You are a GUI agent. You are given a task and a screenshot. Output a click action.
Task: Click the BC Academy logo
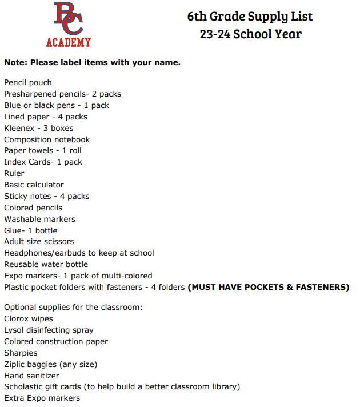(69, 24)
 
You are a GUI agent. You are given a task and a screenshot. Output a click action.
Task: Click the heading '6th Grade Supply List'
(250, 16)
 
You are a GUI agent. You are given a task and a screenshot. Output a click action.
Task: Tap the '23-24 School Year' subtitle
(250, 34)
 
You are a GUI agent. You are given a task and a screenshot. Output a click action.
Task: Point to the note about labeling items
(92, 62)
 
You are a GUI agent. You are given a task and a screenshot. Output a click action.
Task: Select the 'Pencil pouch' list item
(28, 82)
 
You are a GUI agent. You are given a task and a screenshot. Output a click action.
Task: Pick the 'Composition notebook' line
(47, 139)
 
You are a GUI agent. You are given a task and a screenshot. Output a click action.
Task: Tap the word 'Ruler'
(14, 173)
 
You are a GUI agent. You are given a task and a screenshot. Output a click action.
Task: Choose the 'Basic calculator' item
(34, 185)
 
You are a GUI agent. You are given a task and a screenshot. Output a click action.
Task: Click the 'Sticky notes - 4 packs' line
(46, 196)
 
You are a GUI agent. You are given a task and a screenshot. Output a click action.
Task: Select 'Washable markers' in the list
(39, 219)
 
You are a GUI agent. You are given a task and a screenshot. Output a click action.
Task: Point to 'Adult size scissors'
(39, 241)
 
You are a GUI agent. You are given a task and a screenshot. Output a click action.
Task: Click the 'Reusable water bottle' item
(46, 264)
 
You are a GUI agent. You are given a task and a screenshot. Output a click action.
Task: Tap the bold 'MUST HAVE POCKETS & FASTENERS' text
(269, 287)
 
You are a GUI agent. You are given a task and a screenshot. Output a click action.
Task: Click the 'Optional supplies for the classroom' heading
(73, 307)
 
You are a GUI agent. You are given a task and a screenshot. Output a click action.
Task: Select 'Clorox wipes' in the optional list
(29, 318)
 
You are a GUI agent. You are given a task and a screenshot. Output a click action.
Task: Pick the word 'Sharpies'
(21, 353)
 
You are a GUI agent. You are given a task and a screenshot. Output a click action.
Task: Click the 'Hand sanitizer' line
(31, 376)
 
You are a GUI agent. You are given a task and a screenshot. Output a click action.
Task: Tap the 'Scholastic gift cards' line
(122, 387)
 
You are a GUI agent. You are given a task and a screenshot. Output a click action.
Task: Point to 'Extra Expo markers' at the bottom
(42, 398)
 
